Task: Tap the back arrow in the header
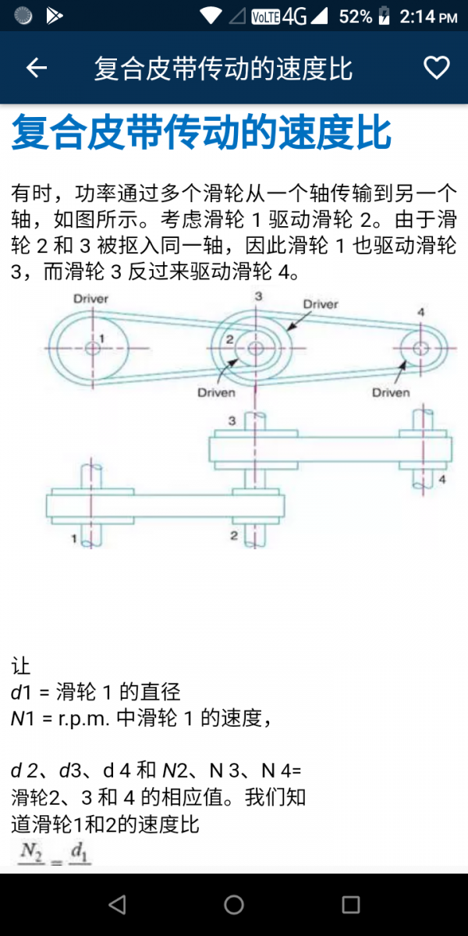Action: [37, 69]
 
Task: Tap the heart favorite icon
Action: [436, 69]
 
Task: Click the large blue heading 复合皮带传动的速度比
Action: [201, 133]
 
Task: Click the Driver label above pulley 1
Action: [91, 299]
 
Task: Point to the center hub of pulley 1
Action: [93, 347]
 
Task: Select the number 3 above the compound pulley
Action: [258, 296]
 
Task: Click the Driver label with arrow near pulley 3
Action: [320, 303]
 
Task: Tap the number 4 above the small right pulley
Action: [421, 312]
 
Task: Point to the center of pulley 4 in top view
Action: [421, 348]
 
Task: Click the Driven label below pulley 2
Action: [216, 392]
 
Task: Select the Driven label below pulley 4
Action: [391, 392]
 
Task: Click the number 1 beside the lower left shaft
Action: [76, 537]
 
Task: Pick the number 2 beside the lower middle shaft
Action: [233, 536]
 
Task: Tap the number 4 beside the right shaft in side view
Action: [441, 480]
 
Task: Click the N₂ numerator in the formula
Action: [31, 853]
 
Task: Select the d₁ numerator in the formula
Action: [80, 853]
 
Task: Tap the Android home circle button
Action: [234, 905]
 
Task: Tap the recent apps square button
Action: [351, 905]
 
